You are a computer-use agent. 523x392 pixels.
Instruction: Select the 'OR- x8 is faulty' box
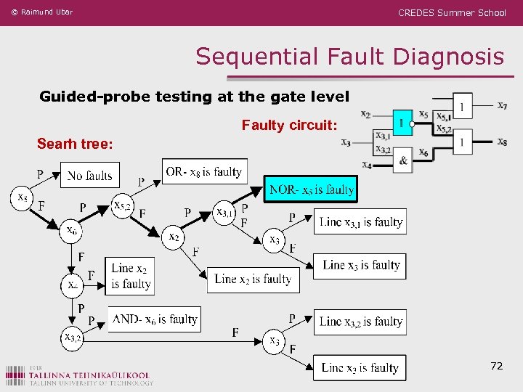point(204,172)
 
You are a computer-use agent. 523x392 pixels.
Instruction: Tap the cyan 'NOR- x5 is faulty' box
point(311,189)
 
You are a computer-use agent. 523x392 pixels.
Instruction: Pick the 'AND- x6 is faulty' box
point(154,319)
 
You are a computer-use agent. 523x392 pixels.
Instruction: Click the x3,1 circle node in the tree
point(225,212)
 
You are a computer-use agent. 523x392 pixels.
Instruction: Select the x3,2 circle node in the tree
point(73,337)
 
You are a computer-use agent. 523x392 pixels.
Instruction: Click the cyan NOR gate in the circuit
point(402,122)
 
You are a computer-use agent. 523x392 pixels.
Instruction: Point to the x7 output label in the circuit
point(502,106)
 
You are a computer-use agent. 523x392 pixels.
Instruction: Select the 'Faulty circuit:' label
point(289,126)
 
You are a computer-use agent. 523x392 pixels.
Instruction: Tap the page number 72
point(496,366)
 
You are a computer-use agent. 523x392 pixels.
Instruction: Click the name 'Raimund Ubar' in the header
point(46,12)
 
